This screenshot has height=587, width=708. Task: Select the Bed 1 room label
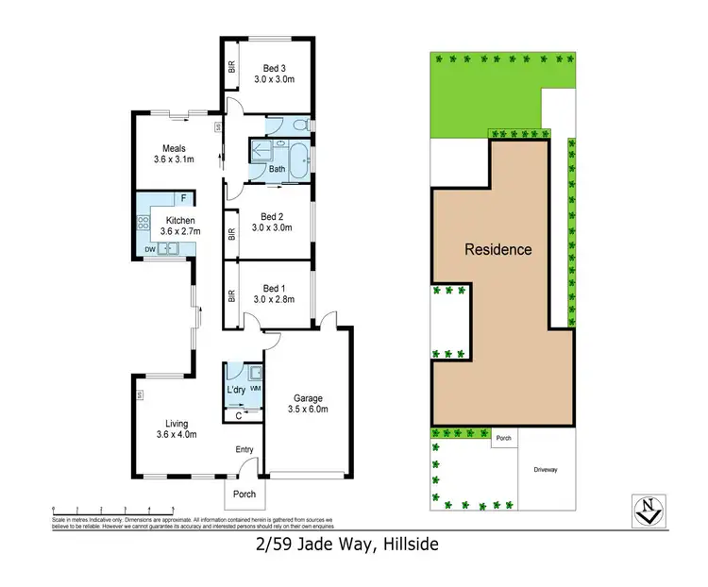tap(274, 293)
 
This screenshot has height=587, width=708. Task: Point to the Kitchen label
tap(177, 226)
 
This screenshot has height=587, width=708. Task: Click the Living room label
tap(176, 428)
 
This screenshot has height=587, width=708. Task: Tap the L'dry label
tap(236, 389)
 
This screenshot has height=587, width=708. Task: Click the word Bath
tap(277, 170)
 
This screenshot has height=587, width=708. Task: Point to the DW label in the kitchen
tap(149, 249)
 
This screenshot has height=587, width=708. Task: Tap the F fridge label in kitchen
tap(184, 198)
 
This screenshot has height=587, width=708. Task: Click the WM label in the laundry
tap(254, 389)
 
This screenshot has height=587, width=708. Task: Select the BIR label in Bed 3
tap(231, 67)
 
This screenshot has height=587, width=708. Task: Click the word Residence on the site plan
tap(497, 250)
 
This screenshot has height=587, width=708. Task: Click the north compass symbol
tap(645, 510)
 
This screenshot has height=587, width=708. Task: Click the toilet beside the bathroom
tap(298, 126)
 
